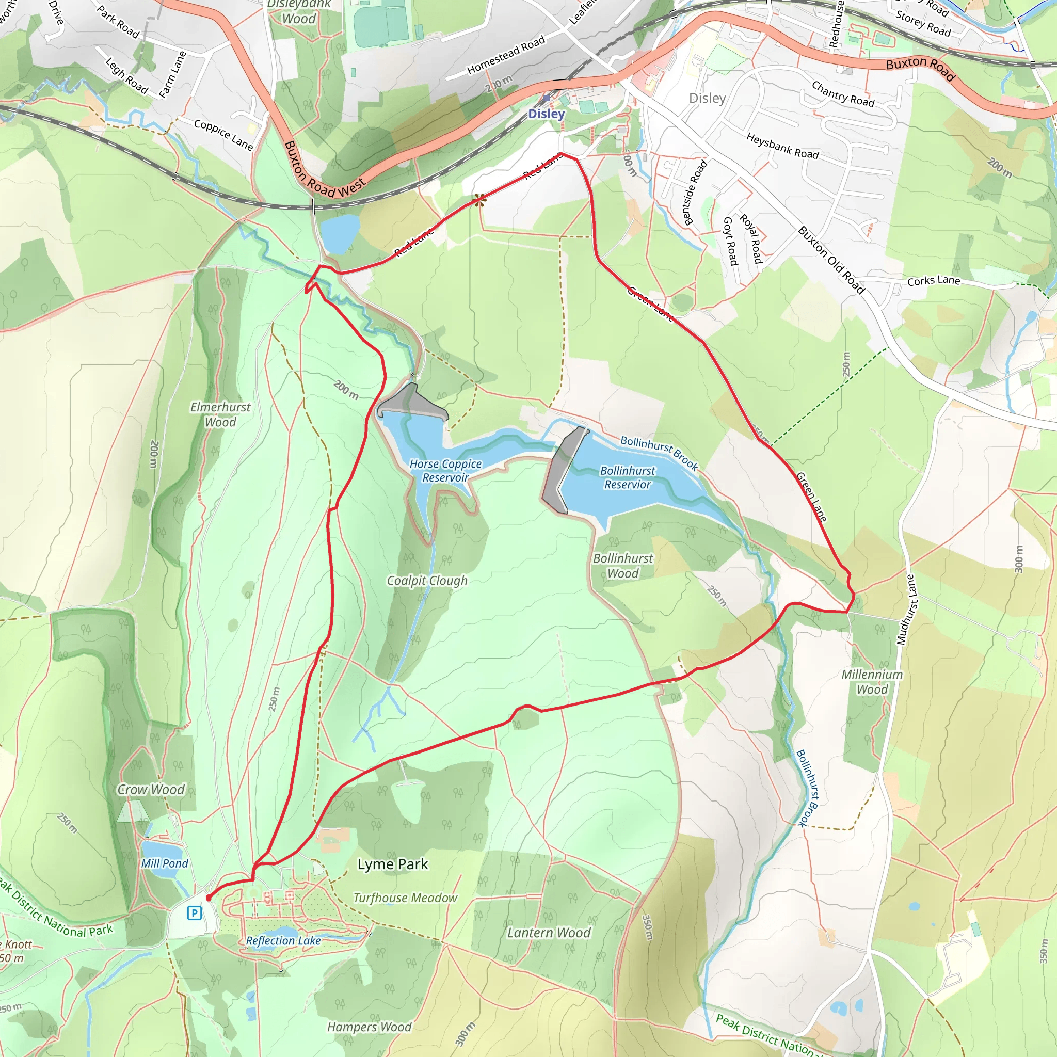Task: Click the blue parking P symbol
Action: click(194, 912)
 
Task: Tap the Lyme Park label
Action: click(392, 864)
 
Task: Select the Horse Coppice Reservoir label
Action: click(445, 471)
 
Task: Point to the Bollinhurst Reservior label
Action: click(628, 477)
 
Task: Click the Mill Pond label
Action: click(164, 863)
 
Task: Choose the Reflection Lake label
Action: click(283, 940)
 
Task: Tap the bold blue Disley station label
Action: click(546, 114)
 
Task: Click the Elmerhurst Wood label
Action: click(220, 414)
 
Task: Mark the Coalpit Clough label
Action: click(427, 581)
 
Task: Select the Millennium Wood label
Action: click(872, 682)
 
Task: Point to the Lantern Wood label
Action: click(549, 932)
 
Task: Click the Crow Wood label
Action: click(151, 790)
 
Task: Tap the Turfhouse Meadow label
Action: click(405, 898)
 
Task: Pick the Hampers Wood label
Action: click(370, 1027)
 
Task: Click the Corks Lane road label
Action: click(933, 281)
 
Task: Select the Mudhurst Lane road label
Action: click(906, 610)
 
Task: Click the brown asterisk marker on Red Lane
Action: click(480, 200)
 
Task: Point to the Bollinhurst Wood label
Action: click(623, 566)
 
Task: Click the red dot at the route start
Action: click(208, 898)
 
